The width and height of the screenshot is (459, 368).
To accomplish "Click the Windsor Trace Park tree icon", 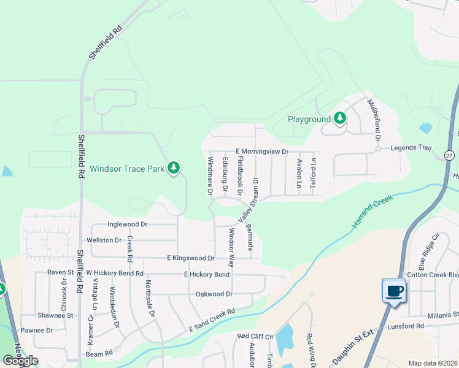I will [174, 167].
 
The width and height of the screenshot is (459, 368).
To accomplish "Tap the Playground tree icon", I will [339, 118].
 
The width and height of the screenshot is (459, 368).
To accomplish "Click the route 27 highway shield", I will [449, 155].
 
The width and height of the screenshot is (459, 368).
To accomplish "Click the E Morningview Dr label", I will [261, 151].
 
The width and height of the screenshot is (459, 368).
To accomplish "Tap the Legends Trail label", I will [412, 148].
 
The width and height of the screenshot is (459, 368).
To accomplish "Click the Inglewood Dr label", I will [127, 224].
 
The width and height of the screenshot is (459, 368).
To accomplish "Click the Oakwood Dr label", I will [214, 294].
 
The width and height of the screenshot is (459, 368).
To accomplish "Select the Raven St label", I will [60, 272].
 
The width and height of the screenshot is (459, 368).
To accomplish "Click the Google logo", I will [20, 361].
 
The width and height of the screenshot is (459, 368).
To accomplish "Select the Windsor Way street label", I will [231, 247].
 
